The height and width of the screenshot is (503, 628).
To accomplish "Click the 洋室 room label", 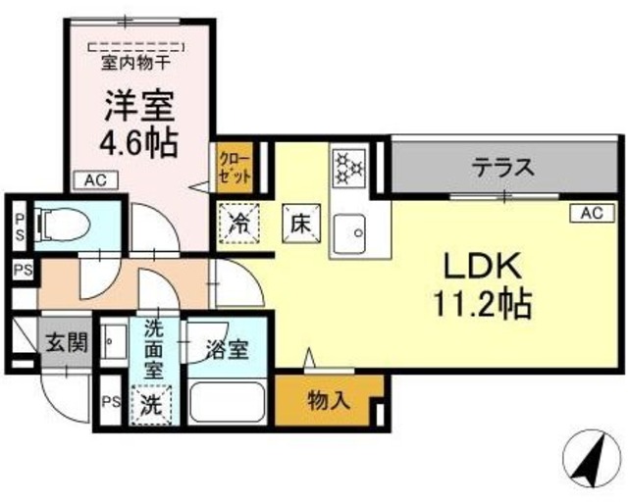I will pos(139,106).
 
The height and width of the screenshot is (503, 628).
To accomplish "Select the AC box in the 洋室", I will pos(94,180).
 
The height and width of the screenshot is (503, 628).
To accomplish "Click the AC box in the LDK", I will pos(591,212).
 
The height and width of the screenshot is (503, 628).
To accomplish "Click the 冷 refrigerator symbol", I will pos(235,220).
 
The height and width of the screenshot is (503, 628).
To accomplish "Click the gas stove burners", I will pos(347,167).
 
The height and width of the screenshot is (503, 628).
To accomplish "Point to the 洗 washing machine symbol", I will pos(151,403).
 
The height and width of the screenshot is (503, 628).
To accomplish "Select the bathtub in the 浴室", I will pos(228,401).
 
